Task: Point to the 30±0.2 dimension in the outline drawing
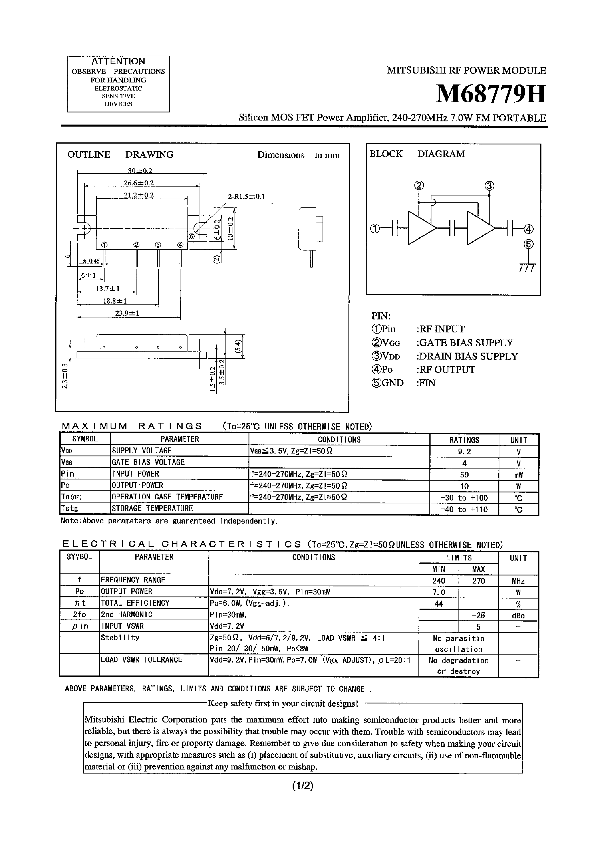pos(140,170)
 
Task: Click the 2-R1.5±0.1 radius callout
pos(246,196)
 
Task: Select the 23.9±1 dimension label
pos(127,313)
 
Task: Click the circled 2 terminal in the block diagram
pos(419,186)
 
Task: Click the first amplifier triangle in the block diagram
pos(420,228)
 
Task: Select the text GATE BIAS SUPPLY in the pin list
pos(465,343)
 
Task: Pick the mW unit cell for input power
pos(518,475)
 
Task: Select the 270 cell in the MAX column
pos(478,581)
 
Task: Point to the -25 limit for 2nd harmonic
pos(478,615)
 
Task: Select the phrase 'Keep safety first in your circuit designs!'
pos(283,703)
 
